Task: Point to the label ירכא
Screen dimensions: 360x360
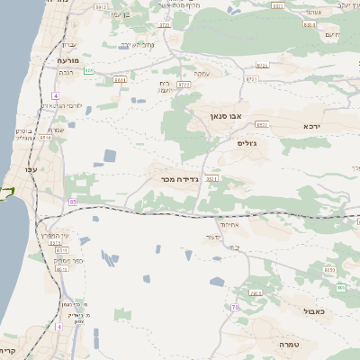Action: tap(312, 126)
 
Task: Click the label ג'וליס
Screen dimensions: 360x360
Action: tap(247, 143)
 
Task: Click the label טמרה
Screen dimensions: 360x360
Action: tap(289, 344)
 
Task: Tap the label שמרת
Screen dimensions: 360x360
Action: tap(56, 130)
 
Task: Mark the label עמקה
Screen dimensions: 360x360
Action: tap(201, 74)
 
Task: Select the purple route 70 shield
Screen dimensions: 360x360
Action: tap(235, 308)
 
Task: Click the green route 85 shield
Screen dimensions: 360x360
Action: tap(71, 202)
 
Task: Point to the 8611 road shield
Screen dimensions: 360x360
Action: tap(120, 80)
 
